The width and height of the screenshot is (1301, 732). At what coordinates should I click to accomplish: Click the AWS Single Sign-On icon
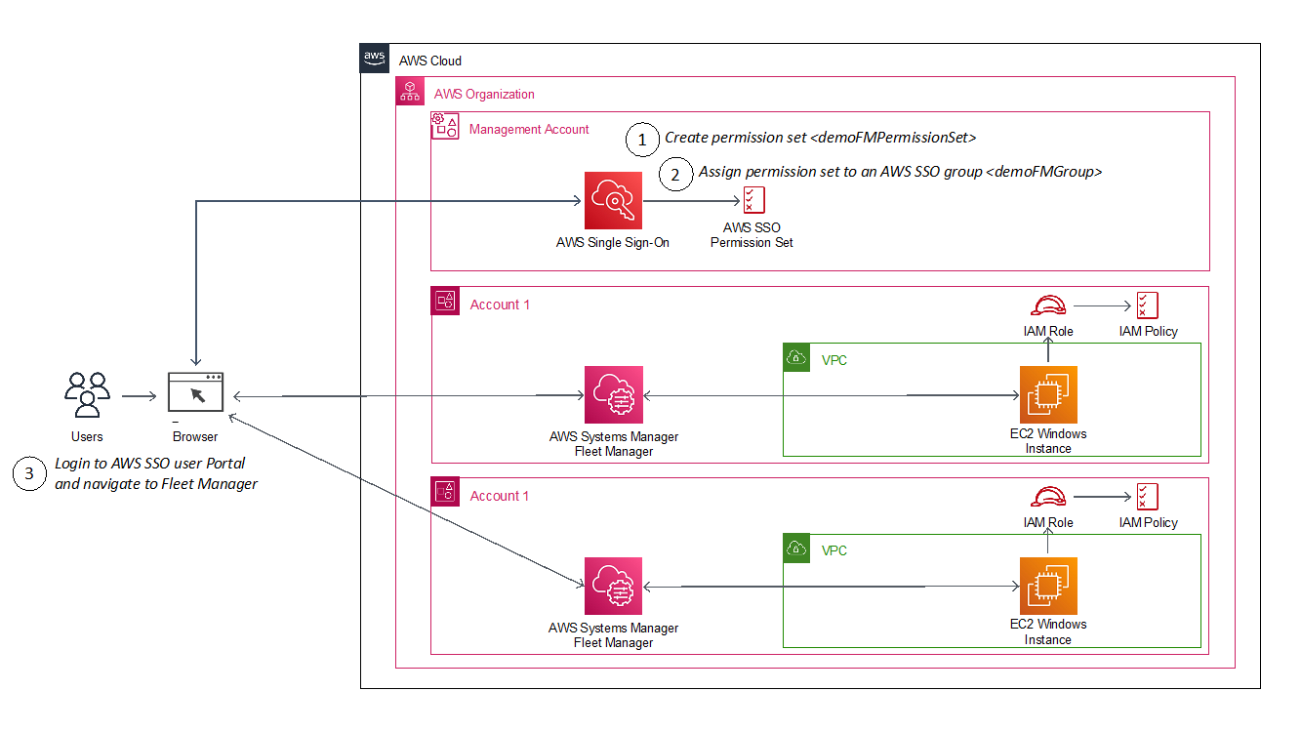613,201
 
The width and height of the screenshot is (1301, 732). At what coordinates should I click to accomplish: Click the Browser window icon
195,391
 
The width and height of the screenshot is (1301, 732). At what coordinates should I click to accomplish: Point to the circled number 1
641,141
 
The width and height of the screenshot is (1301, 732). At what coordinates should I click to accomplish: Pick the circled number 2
673,175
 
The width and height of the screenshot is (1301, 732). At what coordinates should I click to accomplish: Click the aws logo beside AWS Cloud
375,58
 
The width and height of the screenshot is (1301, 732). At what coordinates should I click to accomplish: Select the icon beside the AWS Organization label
410,92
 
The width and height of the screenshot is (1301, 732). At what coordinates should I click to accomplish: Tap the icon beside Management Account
445,125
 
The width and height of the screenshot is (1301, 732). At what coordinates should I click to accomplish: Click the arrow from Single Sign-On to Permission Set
693,202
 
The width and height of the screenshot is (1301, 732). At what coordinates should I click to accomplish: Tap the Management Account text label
529,129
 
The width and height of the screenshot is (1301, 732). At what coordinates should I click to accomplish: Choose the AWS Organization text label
484,95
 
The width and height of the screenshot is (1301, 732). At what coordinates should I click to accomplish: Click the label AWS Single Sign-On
613,242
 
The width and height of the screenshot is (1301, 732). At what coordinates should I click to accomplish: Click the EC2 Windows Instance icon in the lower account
1048,586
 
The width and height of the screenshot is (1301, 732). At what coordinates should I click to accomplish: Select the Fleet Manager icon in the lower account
613,586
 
